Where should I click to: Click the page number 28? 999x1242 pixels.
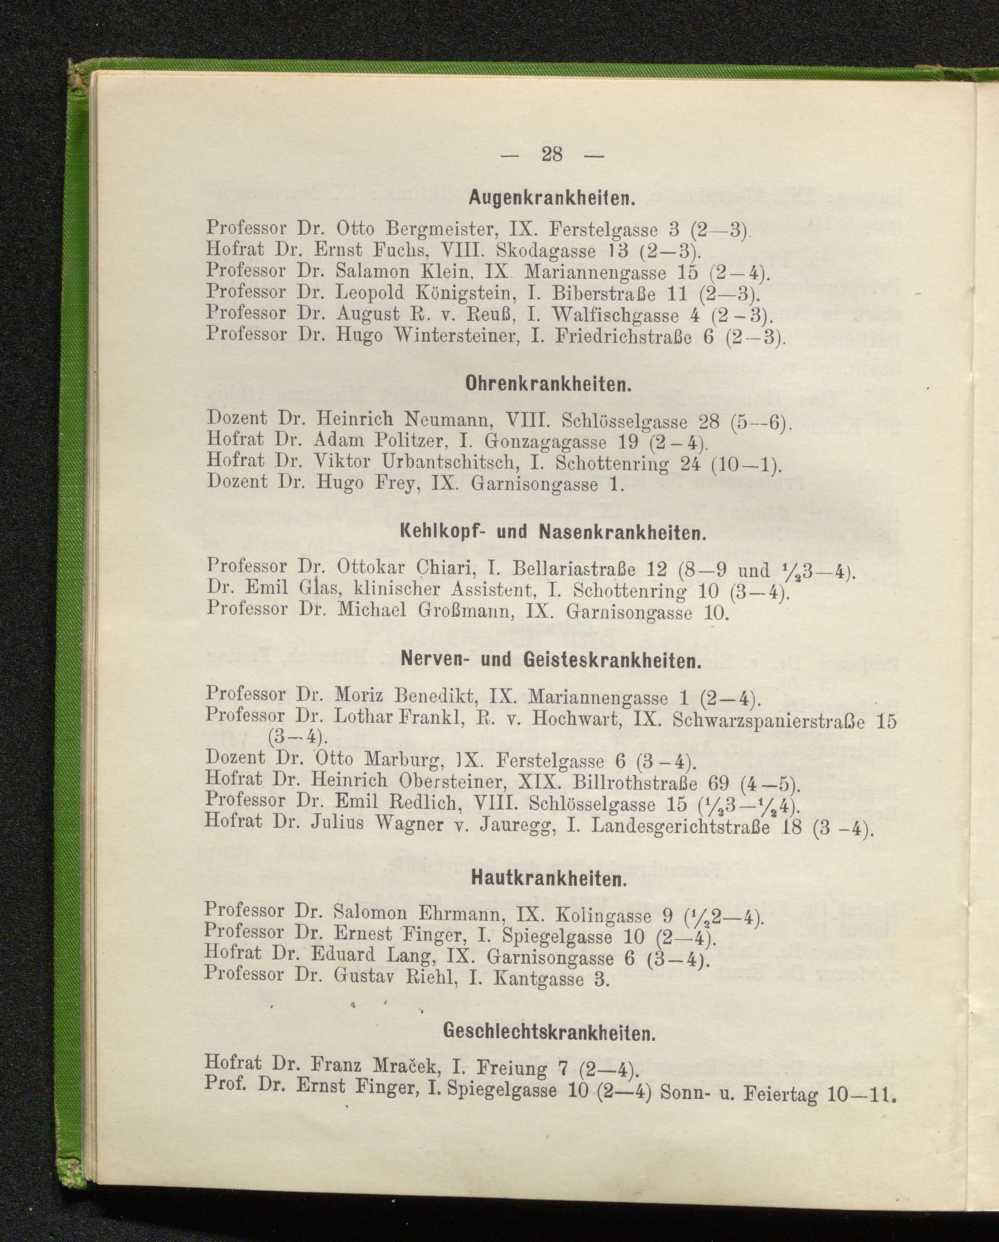click(551, 155)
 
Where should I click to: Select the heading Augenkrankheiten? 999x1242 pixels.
click(551, 199)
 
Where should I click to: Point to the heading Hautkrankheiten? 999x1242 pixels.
click(549, 879)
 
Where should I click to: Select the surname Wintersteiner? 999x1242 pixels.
click(458, 335)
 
